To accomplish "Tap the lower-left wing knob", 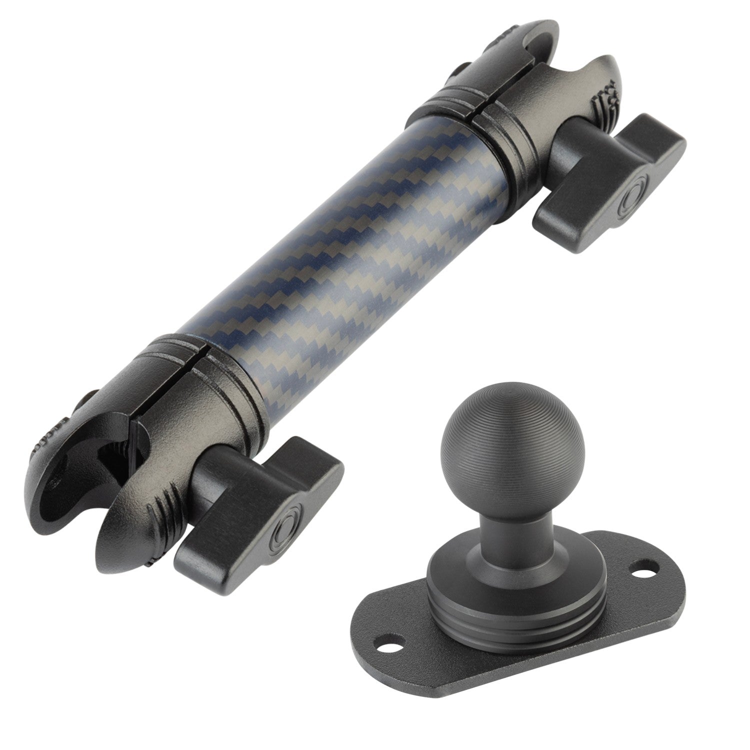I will tap(260, 505).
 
